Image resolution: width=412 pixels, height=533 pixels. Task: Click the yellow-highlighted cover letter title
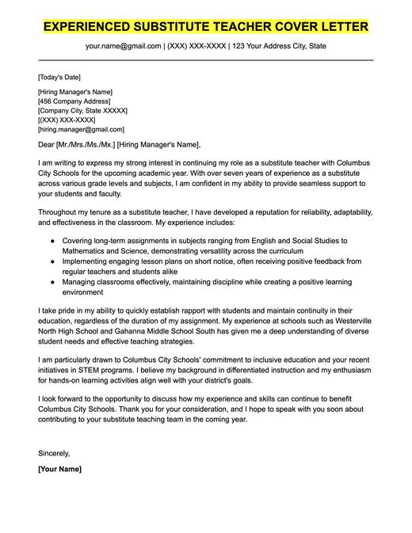[205, 26]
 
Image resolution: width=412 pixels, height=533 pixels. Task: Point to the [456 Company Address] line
[75, 101]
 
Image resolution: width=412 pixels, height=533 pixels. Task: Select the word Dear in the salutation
[46, 144]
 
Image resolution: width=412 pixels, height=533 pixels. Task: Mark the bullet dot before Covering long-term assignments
[52, 240]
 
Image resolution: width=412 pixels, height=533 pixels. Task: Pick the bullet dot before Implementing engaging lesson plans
[52, 261]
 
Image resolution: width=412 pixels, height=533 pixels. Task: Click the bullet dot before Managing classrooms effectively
[52, 281]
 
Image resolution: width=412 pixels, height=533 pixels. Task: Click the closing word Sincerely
[54, 454]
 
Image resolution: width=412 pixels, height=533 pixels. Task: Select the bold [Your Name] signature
[59, 470]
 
